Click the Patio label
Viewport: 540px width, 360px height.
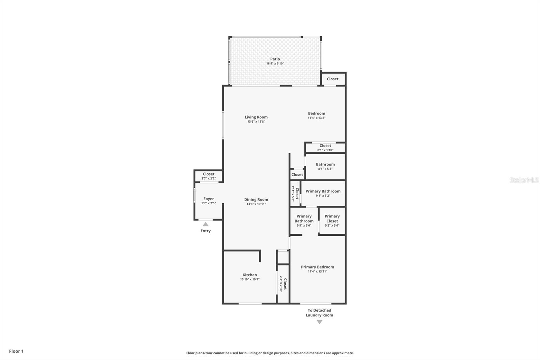tap(275, 59)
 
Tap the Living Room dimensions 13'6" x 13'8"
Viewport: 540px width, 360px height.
tap(256, 122)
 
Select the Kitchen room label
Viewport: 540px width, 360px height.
tap(250, 275)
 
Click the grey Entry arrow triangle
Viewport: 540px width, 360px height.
tap(206, 224)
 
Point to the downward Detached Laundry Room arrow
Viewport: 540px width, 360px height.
tap(319, 322)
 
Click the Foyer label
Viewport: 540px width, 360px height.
tap(209, 199)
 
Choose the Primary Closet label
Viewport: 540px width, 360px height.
tap(332, 218)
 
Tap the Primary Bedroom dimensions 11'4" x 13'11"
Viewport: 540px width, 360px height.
tap(317, 272)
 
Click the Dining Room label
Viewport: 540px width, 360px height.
tap(256, 200)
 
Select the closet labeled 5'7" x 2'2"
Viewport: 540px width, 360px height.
tap(209, 176)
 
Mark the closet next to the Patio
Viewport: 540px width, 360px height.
tap(332, 79)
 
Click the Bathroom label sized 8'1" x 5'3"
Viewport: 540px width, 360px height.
tap(325, 164)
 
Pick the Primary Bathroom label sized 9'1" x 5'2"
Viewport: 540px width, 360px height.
tap(323, 191)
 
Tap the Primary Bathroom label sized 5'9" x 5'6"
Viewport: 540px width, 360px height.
tap(304, 218)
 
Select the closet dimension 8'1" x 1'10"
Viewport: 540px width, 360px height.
tap(325, 150)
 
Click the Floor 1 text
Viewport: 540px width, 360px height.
tap(16, 351)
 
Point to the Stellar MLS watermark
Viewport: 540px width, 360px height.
tap(524, 180)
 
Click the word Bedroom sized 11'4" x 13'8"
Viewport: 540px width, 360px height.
tap(317, 113)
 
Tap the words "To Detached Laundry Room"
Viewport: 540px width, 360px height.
tap(319, 313)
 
